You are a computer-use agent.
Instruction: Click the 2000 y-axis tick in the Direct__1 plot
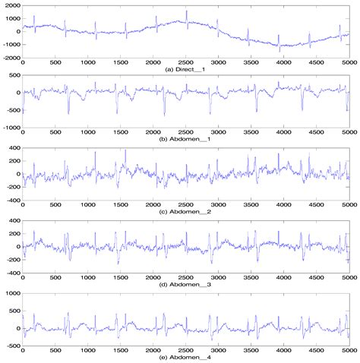pos(13,6)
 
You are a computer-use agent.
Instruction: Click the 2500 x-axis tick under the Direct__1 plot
pos(186,62)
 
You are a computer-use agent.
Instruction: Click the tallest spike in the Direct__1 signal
pos(186,11)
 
